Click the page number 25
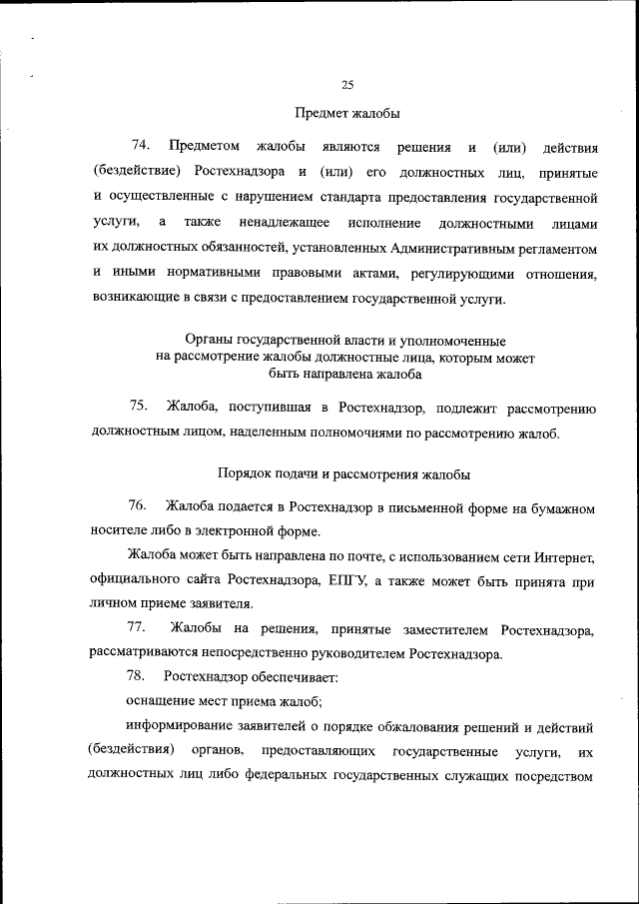(347, 85)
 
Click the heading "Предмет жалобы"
(347, 113)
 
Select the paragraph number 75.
(139, 406)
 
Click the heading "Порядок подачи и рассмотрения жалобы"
(343, 473)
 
